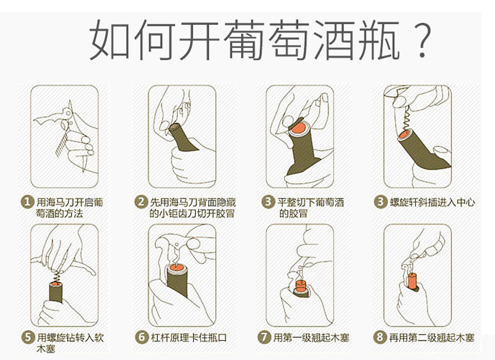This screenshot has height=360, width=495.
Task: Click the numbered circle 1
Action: pyautogui.click(x=27, y=202)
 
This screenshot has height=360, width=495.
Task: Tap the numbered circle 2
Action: pyautogui.click(x=141, y=202)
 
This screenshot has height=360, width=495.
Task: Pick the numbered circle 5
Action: pyautogui.click(x=28, y=338)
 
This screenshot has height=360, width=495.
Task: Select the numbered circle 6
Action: pyautogui.click(x=142, y=338)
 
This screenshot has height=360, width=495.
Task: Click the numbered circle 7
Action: pyautogui.click(x=264, y=338)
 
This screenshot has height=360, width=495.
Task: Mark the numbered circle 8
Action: pyautogui.click(x=380, y=338)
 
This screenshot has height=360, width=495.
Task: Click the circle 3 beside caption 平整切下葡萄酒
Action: pyautogui.click(x=268, y=202)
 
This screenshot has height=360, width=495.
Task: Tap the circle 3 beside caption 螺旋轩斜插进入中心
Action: pyautogui.click(x=380, y=202)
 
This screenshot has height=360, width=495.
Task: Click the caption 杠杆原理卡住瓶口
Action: pyautogui.click(x=189, y=338)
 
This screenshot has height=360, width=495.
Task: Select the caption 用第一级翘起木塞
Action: pyautogui.click(x=311, y=338)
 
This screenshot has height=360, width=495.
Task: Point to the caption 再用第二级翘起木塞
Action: pyautogui.click(x=431, y=338)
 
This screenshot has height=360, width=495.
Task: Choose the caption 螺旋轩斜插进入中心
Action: pyautogui.click(x=432, y=202)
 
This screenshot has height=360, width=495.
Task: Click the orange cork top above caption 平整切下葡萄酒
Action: pyautogui.click(x=298, y=128)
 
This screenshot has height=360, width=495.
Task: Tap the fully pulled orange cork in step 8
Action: pyautogui.click(x=412, y=281)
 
